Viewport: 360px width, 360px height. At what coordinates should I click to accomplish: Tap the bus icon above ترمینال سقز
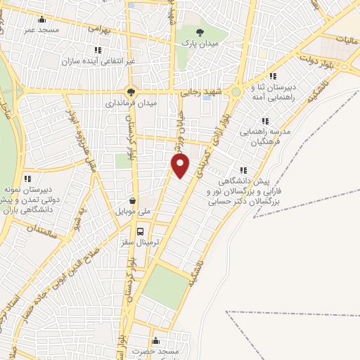(x=141, y=231)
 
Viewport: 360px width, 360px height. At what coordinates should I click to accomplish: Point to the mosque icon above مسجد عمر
(x=42, y=20)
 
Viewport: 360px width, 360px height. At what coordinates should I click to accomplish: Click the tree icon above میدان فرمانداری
(x=130, y=91)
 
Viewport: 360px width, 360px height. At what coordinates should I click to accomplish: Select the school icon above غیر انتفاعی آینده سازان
(x=98, y=50)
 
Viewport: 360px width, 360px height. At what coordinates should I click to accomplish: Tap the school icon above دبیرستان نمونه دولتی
(x=27, y=179)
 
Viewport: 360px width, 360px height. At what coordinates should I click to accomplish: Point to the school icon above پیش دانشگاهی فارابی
(x=243, y=169)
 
